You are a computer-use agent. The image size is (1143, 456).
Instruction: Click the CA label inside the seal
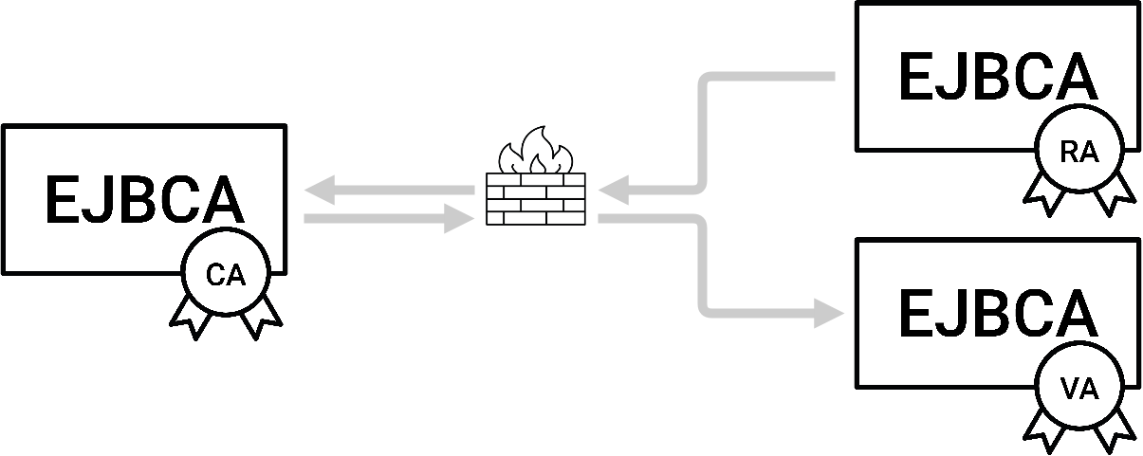[226, 276]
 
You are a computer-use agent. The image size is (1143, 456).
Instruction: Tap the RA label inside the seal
[1079, 154]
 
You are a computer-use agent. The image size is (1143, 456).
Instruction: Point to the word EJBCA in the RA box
[997, 79]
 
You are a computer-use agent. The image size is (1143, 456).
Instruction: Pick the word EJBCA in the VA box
[997, 316]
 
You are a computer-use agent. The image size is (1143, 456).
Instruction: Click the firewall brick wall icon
[536, 199]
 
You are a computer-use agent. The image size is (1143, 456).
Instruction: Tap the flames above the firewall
[536, 152]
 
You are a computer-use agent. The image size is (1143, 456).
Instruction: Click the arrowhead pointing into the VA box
[830, 313]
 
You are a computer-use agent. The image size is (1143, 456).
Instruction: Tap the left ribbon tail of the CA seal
[193, 316]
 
